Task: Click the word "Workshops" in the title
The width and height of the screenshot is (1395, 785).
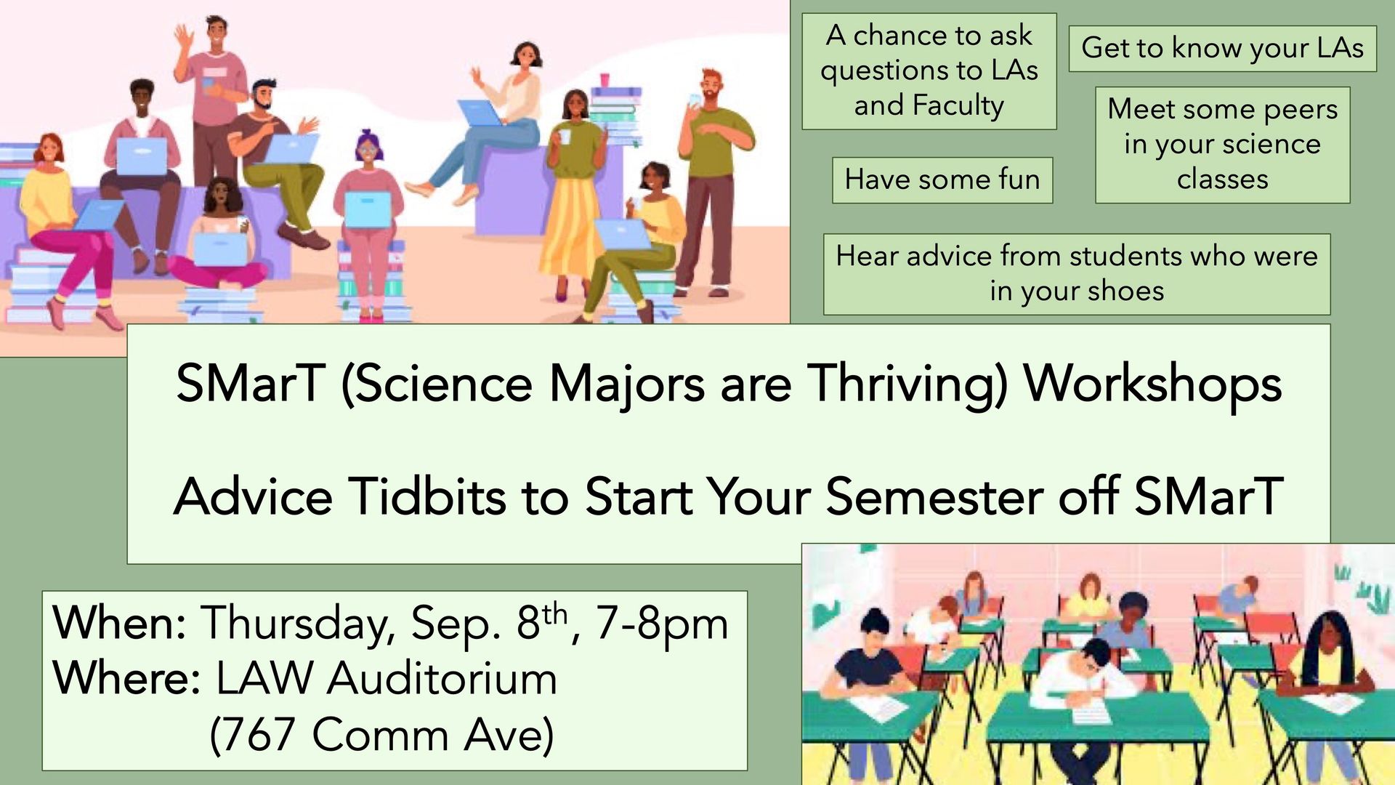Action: tap(1152, 385)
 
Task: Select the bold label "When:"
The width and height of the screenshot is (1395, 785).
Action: tap(120, 623)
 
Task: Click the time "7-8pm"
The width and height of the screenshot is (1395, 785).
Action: tap(661, 624)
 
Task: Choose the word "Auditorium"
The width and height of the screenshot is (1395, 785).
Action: tap(442, 679)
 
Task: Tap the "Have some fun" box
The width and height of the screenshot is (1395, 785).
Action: tap(942, 180)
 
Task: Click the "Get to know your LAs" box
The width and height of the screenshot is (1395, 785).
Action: tap(1222, 49)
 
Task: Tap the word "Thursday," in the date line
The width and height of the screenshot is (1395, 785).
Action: tap(298, 624)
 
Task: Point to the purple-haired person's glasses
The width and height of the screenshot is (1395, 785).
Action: tap(368, 150)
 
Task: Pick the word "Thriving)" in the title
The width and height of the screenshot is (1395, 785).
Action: tap(908, 385)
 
